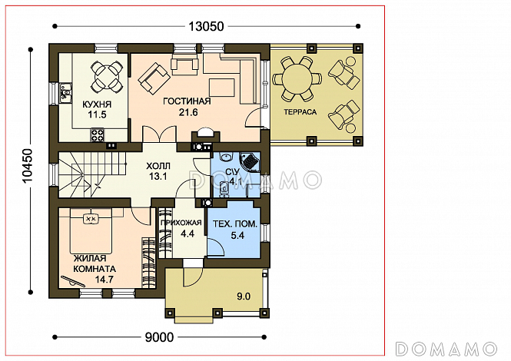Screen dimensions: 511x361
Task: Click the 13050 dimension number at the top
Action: [206, 26]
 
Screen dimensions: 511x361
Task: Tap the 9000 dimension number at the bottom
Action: [159, 337]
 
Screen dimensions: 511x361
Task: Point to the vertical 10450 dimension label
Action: [28, 165]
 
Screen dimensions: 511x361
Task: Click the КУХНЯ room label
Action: [97, 104]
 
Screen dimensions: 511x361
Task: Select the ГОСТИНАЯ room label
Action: [187, 101]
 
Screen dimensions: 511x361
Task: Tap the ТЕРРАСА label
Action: [300, 112]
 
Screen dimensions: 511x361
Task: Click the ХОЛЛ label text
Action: [158, 166]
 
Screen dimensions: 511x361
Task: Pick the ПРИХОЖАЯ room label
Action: [181, 223]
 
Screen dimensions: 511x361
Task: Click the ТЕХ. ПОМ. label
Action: [235, 224]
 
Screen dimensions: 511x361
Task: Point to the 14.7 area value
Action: [104, 280]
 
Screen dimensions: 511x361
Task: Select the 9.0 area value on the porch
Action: [244, 296]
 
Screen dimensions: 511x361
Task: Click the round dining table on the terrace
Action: [297, 78]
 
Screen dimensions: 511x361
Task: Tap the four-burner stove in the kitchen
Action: [98, 135]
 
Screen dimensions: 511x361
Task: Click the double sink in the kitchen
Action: [65, 93]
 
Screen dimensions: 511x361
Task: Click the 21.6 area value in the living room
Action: [188, 112]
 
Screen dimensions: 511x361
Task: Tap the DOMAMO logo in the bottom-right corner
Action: [446, 349]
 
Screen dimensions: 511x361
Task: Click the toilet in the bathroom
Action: [224, 189]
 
